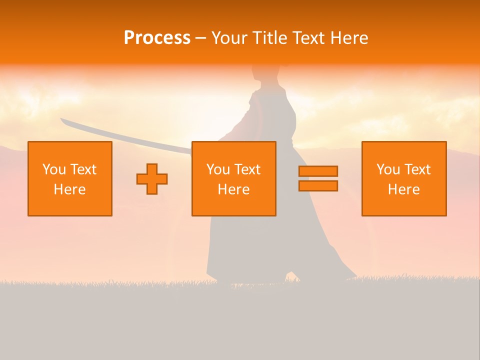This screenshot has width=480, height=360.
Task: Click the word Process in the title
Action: click(x=157, y=38)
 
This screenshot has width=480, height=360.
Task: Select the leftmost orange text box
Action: click(x=70, y=178)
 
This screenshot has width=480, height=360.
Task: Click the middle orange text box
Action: click(x=233, y=178)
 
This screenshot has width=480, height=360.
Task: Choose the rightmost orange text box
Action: click(x=403, y=178)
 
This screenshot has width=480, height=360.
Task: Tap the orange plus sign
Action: click(x=152, y=179)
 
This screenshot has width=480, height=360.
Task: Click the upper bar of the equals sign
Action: click(x=318, y=171)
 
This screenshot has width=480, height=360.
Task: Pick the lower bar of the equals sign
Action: click(x=318, y=186)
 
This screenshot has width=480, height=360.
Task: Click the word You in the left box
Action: click(x=54, y=169)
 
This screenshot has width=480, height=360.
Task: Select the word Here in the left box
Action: click(x=70, y=189)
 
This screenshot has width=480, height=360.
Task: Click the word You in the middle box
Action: click(x=218, y=169)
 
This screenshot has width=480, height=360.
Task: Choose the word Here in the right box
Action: click(x=403, y=189)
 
